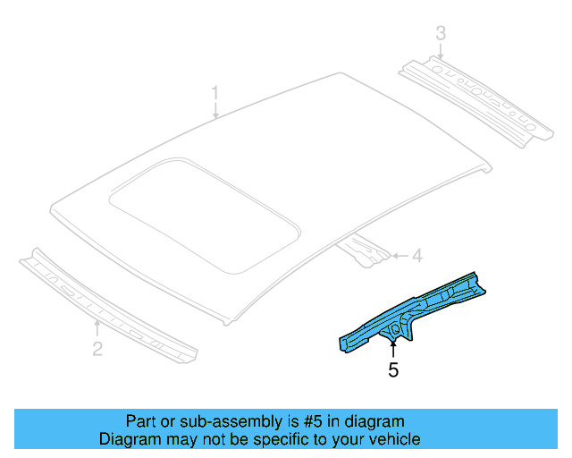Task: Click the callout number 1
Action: click(x=214, y=93)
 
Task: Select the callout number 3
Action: click(x=441, y=34)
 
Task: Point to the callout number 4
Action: click(x=416, y=257)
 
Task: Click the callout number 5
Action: click(x=393, y=369)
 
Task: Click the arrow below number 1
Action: click(x=214, y=111)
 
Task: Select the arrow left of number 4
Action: click(x=398, y=257)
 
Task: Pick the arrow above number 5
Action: click(x=393, y=347)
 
